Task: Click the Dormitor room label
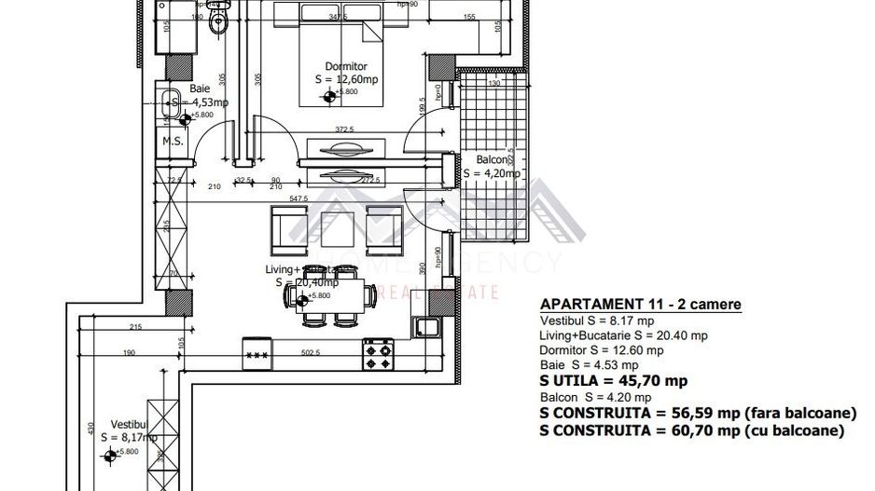coord(346,67)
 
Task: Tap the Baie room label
coord(200,89)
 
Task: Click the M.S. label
coord(171,142)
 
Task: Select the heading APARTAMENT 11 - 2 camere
coord(641,305)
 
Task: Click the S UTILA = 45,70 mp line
coord(613,380)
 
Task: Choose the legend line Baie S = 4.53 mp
coord(589,365)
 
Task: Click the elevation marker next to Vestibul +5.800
coord(113,455)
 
